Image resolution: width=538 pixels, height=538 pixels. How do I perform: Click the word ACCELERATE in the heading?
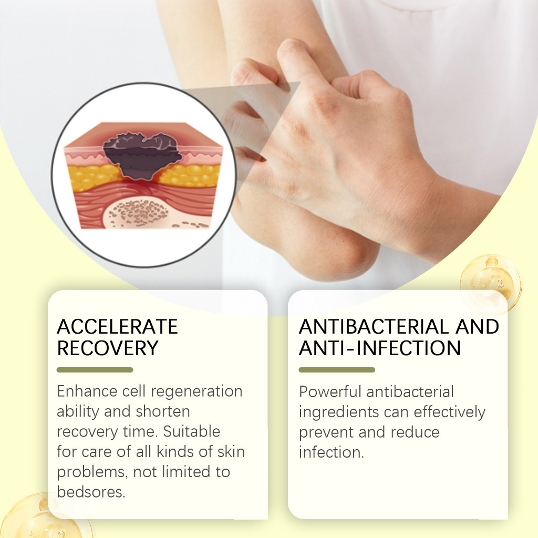(117, 326)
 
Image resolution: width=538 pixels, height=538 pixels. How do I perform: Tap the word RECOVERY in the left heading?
(108, 348)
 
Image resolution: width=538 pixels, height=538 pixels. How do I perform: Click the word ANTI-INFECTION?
(380, 348)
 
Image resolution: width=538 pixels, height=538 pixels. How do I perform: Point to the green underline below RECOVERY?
(95, 370)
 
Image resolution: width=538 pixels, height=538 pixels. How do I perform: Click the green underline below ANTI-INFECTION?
(337, 370)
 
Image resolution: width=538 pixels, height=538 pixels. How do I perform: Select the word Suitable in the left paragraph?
(191, 431)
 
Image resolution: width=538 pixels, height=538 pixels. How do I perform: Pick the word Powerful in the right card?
(330, 391)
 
